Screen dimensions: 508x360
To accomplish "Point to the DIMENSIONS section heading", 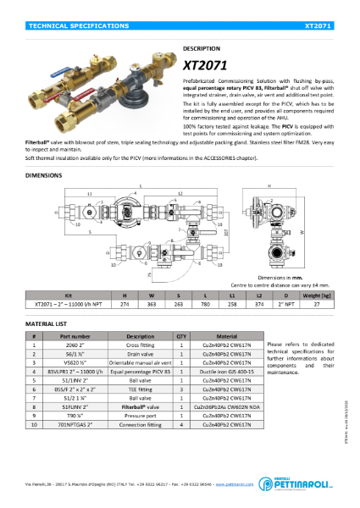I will click(44, 176).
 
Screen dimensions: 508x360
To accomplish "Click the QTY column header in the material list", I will click(181, 336).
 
